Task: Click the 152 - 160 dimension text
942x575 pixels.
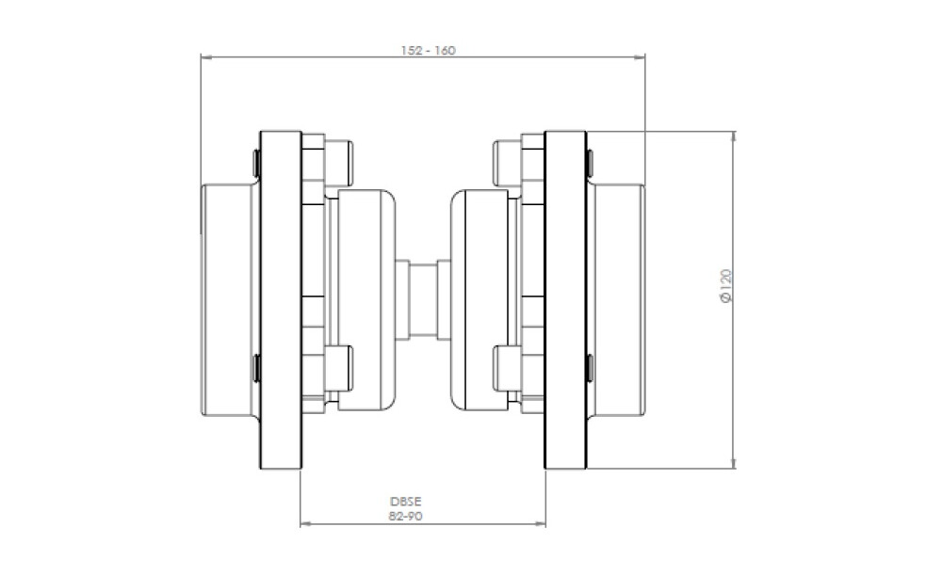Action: (x=429, y=51)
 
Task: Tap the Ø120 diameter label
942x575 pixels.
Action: (x=726, y=286)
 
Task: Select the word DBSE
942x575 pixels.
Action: (x=405, y=502)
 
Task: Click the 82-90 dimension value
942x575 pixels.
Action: (x=405, y=516)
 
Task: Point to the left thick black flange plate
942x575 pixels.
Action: (x=281, y=300)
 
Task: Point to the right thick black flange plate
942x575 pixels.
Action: (x=565, y=300)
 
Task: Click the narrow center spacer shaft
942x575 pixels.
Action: (x=423, y=299)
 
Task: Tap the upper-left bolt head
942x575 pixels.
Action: (x=338, y=163)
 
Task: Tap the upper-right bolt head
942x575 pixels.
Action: (x=508, y=163)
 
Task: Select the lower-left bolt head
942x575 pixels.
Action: (x=338, y=367)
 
